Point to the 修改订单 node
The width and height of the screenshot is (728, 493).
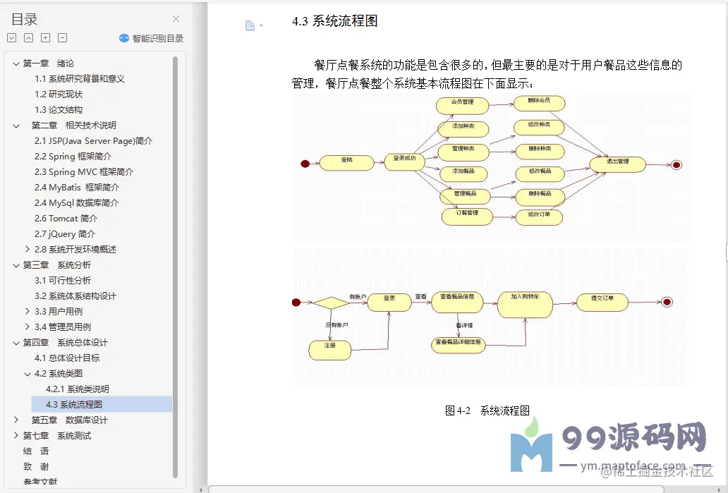[539, 217]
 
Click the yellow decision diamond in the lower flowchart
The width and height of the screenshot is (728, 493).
[331, 303]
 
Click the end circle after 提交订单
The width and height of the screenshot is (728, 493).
[667, 302]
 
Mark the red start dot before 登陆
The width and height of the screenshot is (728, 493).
[305, 164]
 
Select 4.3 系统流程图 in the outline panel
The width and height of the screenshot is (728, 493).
[74, 404]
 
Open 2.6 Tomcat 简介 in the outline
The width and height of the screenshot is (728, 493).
[66, 218]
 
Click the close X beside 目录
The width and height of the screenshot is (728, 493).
[176, 19]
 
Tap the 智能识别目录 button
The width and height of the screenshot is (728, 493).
[152, 38]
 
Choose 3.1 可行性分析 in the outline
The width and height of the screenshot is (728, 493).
[63, 280]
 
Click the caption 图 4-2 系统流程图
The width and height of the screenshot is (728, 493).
[487, 410]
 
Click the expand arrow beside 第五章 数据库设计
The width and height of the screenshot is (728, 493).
[16, 420]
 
